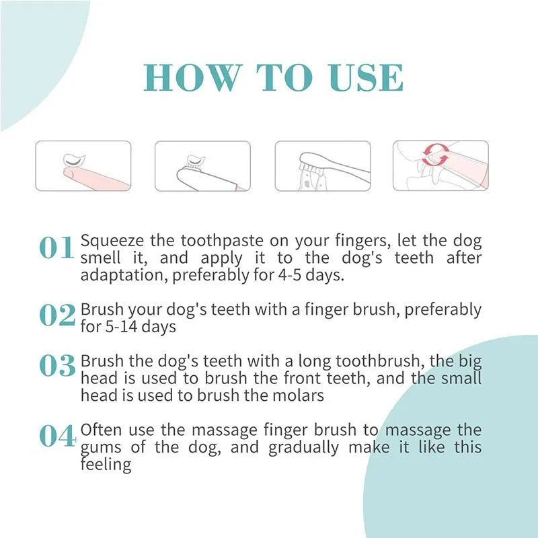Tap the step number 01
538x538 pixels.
coord(56,249)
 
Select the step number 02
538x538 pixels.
coord(56,315)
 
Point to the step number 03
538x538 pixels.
coord(56,365)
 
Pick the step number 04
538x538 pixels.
coord(56,436)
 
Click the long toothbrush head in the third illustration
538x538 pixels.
coord(311,161)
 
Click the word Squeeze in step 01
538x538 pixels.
coord(112,241)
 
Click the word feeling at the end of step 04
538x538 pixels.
coord(106,464)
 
